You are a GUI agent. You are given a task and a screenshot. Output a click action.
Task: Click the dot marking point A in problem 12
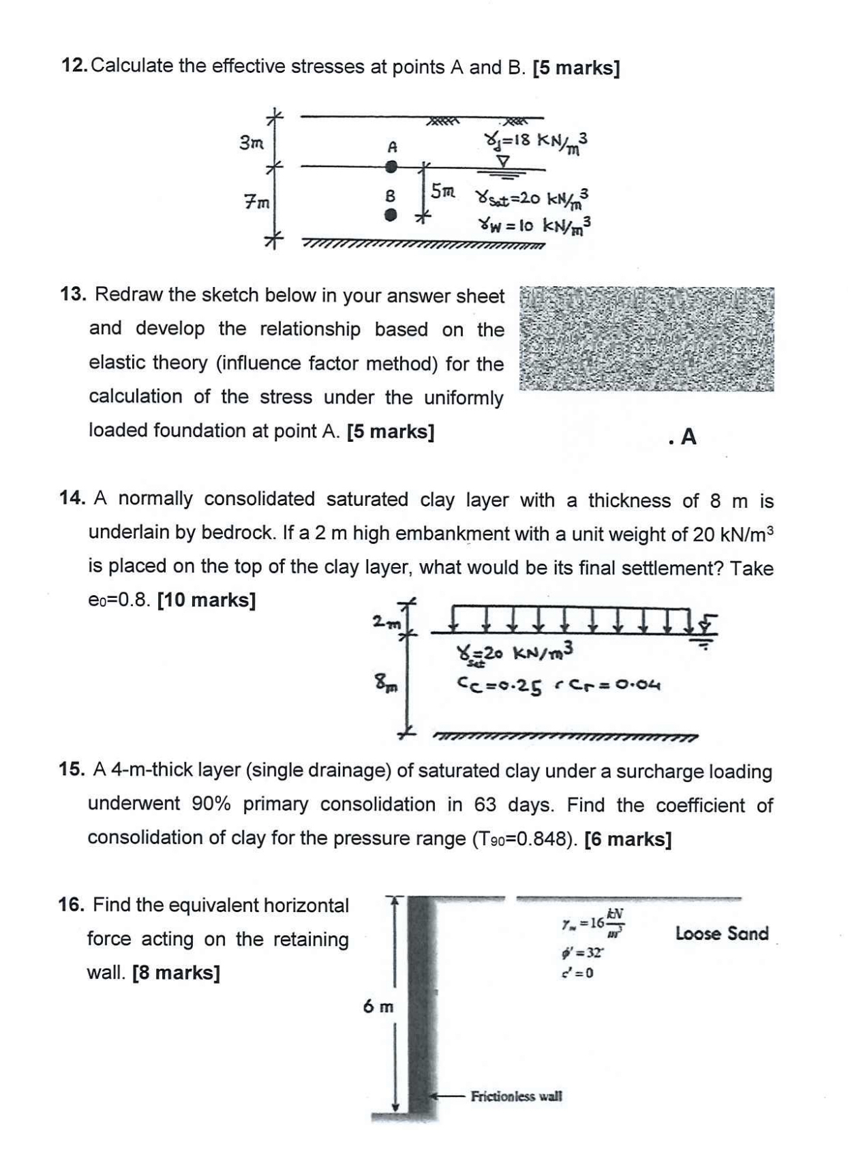(391, 166)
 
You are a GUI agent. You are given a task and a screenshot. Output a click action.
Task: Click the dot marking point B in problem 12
(390, 215)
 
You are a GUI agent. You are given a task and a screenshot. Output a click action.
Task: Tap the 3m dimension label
(252, 143)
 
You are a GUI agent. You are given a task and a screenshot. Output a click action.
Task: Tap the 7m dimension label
(256, 202)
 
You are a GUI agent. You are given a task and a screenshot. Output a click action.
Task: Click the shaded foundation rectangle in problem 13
(646, 339)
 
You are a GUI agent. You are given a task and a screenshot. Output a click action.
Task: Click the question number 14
(72, 498)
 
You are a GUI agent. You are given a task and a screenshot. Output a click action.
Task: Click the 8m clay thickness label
(385, 682)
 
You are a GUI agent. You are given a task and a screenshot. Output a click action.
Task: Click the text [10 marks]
(207, 601)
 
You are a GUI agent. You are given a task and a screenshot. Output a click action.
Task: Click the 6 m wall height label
(378, 1006)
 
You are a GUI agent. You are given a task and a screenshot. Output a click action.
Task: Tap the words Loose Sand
(721, 933)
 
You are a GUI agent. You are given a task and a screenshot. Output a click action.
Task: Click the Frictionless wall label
(516, 1096)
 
